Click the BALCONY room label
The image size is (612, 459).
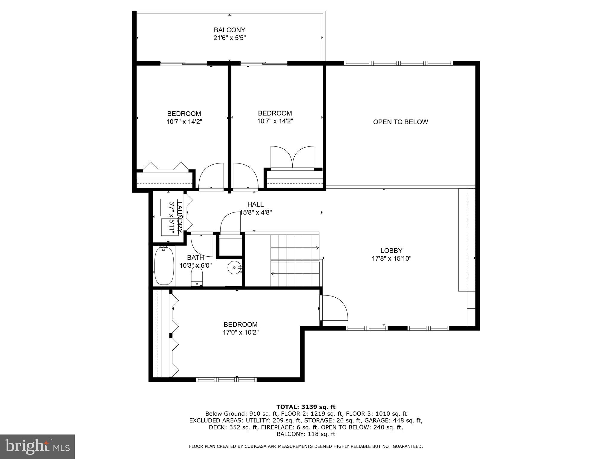tap(229, 30)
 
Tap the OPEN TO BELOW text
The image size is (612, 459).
tap(400, 122)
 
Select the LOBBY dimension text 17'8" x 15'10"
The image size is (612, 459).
tap(391, 259)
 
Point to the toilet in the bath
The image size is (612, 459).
tap(197, 276)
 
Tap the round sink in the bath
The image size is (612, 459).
tap(234, 267)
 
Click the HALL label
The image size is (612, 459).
tap(255, 204)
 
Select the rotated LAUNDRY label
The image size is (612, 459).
tap(180, 217)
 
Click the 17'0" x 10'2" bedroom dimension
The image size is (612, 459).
tap(241, 332)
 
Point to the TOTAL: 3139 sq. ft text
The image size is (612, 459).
tap(306, 407)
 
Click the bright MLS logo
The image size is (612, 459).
tap(37, 447)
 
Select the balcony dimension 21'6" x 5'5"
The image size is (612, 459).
tap(229, 38)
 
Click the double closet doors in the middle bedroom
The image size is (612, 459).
tap(292, 158)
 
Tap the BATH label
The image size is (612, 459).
tap(195, 258)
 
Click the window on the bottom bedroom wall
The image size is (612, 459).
tap(226, 380)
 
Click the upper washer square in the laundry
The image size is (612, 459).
tap(169, 207)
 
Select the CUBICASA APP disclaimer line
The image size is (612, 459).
tap(306, 446)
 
